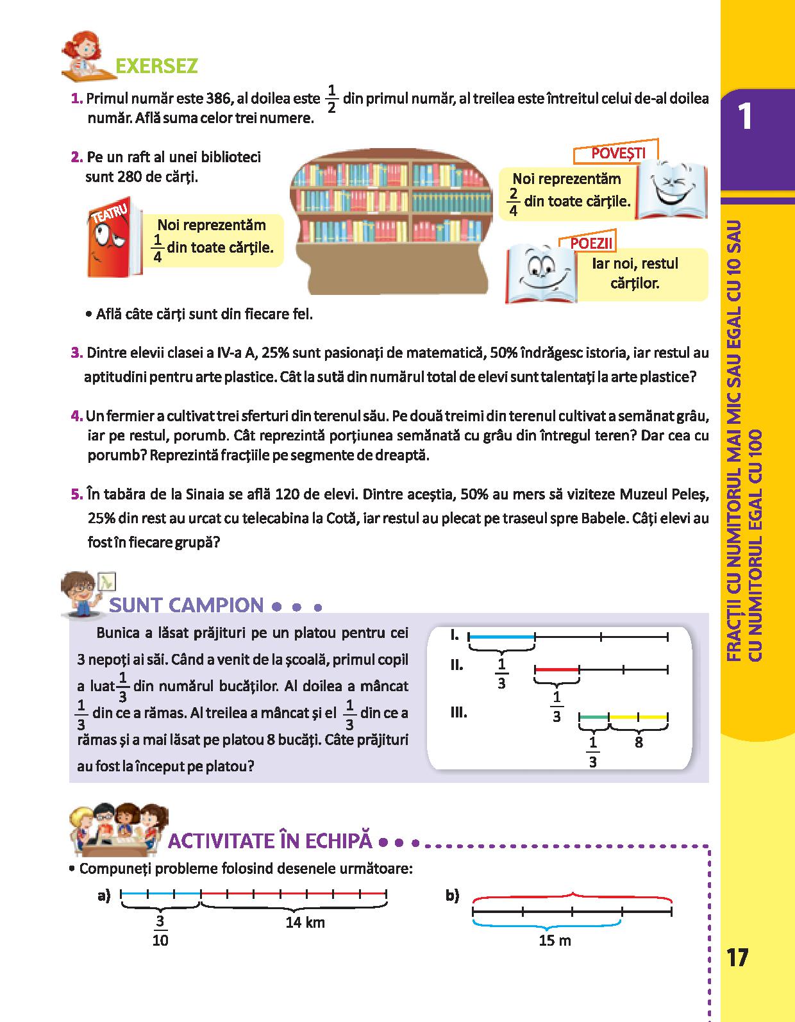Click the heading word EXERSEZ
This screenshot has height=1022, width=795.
click(x=156, y=66)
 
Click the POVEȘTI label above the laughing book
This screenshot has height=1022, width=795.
click(x=618, y=153)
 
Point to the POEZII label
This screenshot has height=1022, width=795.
click(x=591, y=243)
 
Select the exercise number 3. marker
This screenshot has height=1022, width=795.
click(x=77, y=353)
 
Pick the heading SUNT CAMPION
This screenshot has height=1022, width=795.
click(x=186, y=605)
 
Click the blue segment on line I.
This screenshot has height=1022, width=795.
click(x=502, y=637)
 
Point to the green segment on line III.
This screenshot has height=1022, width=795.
click(x=594, y=717)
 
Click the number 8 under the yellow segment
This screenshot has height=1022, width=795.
click(x=639, y=742)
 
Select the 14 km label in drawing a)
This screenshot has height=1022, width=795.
click(x=305, y=922)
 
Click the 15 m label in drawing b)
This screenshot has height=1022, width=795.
click(x=555, y=940)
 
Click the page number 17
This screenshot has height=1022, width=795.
click(x=738, y=957)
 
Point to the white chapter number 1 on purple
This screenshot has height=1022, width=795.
click(x=745, y=116)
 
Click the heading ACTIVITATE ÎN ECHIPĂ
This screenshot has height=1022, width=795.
click(x=270, y=841)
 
